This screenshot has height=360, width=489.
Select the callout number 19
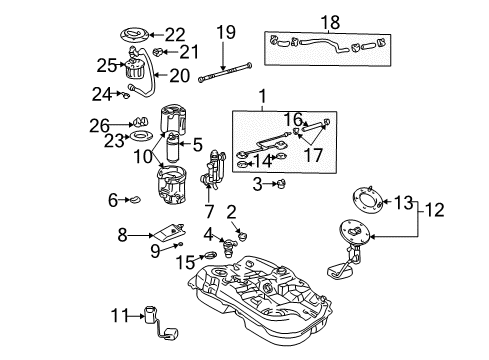(x=228, y=33)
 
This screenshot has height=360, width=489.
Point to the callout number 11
(x=119, y=316)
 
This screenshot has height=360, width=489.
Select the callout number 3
(x=258, y=183)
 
